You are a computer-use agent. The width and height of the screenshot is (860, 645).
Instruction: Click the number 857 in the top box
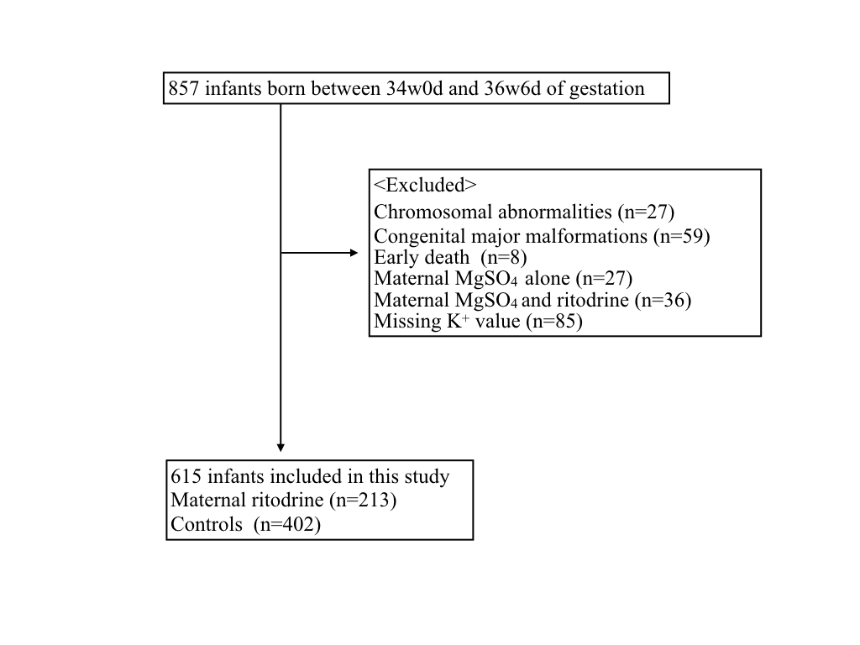tap(183, 88)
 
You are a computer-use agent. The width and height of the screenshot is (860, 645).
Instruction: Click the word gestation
tap(607, 89)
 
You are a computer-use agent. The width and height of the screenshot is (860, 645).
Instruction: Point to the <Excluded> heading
tap(425, 185)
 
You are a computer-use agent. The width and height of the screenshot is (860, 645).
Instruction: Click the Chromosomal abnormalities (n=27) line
tap(524, 212)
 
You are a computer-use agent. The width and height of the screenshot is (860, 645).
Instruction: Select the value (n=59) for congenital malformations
tap(682, 236)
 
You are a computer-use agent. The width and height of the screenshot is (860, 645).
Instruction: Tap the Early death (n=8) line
tap(450, 257)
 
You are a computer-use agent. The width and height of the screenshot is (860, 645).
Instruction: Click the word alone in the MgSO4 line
tap(548, 279)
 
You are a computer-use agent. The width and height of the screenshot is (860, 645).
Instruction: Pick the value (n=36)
tap(663, 300)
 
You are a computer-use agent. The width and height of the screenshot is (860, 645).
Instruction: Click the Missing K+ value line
tap(478, 321)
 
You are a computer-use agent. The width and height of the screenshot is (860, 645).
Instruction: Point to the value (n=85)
tap(554, 321)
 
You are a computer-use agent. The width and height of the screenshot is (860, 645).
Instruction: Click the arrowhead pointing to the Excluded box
tap(354, 253)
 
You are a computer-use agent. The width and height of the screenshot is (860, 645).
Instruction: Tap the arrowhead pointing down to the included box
tap(281, 448)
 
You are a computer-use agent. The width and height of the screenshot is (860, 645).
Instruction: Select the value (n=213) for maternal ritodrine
tap(363, 501)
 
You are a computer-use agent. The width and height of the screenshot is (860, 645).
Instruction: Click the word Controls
tap(207, 524)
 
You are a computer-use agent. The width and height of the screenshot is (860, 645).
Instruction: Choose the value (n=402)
tap(287, 524)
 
